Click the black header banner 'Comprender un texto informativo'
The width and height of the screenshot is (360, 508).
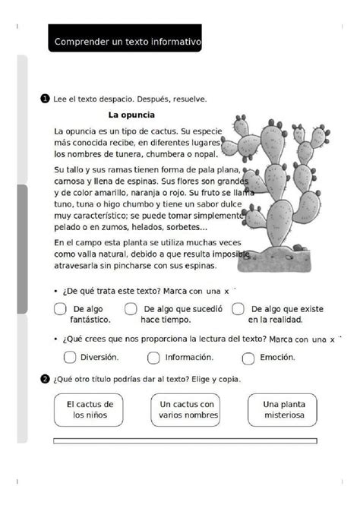tap(127, 43)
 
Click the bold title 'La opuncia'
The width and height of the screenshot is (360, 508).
tap(131, 115)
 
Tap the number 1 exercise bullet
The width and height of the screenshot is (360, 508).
tap(46, 98)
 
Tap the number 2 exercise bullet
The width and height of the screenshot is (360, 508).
tap(46, 378)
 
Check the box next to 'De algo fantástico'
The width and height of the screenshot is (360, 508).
tap(60, 308)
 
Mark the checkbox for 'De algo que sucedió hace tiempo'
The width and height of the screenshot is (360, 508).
tap(131, 308)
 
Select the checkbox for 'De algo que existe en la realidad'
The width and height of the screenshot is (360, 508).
tap(238, 308)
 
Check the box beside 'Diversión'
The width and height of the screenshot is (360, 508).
tap(70, 357)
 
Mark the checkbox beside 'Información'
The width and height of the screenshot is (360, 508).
tap(153, 357)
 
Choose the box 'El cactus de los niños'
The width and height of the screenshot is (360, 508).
tap(90, 410)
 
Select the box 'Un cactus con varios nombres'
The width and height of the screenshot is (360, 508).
tap(187, 410)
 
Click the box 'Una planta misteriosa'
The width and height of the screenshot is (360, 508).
tap(283, 410)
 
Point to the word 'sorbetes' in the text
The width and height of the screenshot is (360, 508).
tap(182, 227)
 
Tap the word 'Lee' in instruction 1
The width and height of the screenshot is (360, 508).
tap(60, 99)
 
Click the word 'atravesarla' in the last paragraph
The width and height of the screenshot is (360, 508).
tap(77, 267)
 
